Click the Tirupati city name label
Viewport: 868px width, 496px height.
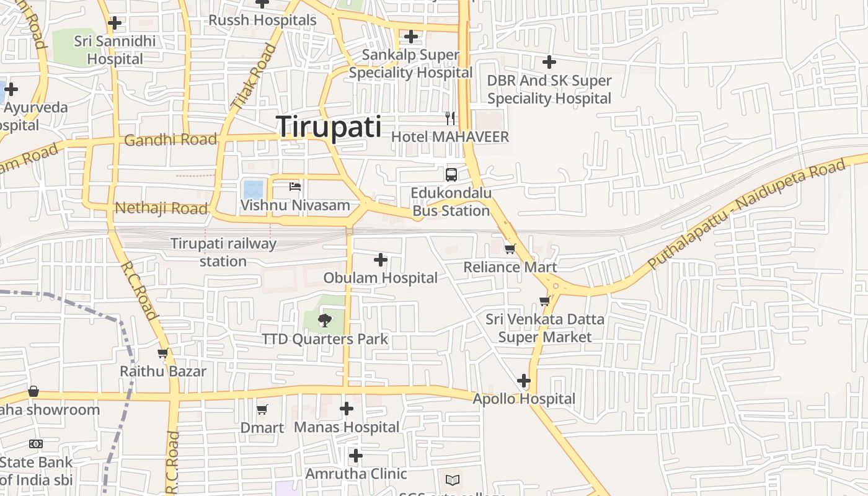coord(329,127)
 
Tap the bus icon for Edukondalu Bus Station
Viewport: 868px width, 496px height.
coord(451,174)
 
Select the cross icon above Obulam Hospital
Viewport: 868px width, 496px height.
coord(381,260)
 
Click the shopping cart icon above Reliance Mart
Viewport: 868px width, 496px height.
coord(510,249)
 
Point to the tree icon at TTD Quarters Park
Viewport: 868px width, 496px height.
coord(324,321)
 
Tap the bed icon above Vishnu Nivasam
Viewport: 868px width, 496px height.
coord(295,186)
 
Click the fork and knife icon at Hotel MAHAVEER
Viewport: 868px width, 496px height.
coord(451,118)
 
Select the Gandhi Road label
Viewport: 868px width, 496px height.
coord(170,140)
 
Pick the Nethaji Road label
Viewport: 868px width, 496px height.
coord(161,208)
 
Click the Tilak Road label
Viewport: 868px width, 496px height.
coord(253,77)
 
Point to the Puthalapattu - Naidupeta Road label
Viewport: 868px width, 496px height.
coord(746,213)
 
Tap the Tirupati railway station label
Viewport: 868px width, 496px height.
coord(223,252)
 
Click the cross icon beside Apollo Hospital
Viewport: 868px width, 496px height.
coord(524,381)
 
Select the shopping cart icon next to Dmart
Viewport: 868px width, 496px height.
coord(262,409)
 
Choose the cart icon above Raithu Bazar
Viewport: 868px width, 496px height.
coord(163,353)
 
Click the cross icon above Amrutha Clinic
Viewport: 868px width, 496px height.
coord(355,456)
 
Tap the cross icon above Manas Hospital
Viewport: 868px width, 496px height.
coord(347,409)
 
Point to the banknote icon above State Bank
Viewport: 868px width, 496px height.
coord(36,444)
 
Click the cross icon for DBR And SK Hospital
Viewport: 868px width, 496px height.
coord(549,62)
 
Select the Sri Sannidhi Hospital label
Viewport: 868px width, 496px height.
coord(115,50)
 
